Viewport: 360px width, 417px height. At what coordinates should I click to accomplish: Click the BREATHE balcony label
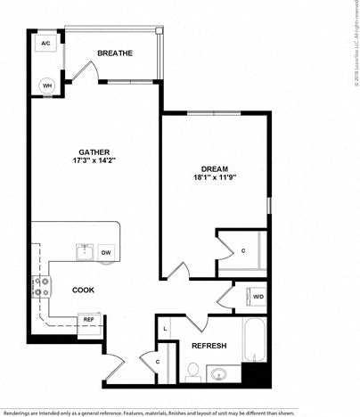click(115, 53)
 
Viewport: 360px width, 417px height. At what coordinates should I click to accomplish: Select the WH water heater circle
click(46, 86)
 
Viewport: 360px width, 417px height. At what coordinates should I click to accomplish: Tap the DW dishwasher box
click(106, 253)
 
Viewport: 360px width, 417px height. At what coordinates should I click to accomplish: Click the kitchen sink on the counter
click(86, 251)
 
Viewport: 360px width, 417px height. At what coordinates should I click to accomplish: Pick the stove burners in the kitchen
click(42, 287)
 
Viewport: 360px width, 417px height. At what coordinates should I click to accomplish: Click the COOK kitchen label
click(83, 290)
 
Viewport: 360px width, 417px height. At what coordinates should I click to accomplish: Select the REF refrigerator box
click(88, 319)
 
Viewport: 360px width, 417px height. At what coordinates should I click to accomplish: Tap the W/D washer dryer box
click(258, 296)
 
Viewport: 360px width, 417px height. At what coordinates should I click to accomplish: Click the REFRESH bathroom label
click(209, 346)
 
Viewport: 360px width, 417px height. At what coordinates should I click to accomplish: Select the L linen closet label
click(166, 329)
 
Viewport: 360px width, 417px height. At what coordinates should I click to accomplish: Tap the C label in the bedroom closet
click(243, 250)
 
